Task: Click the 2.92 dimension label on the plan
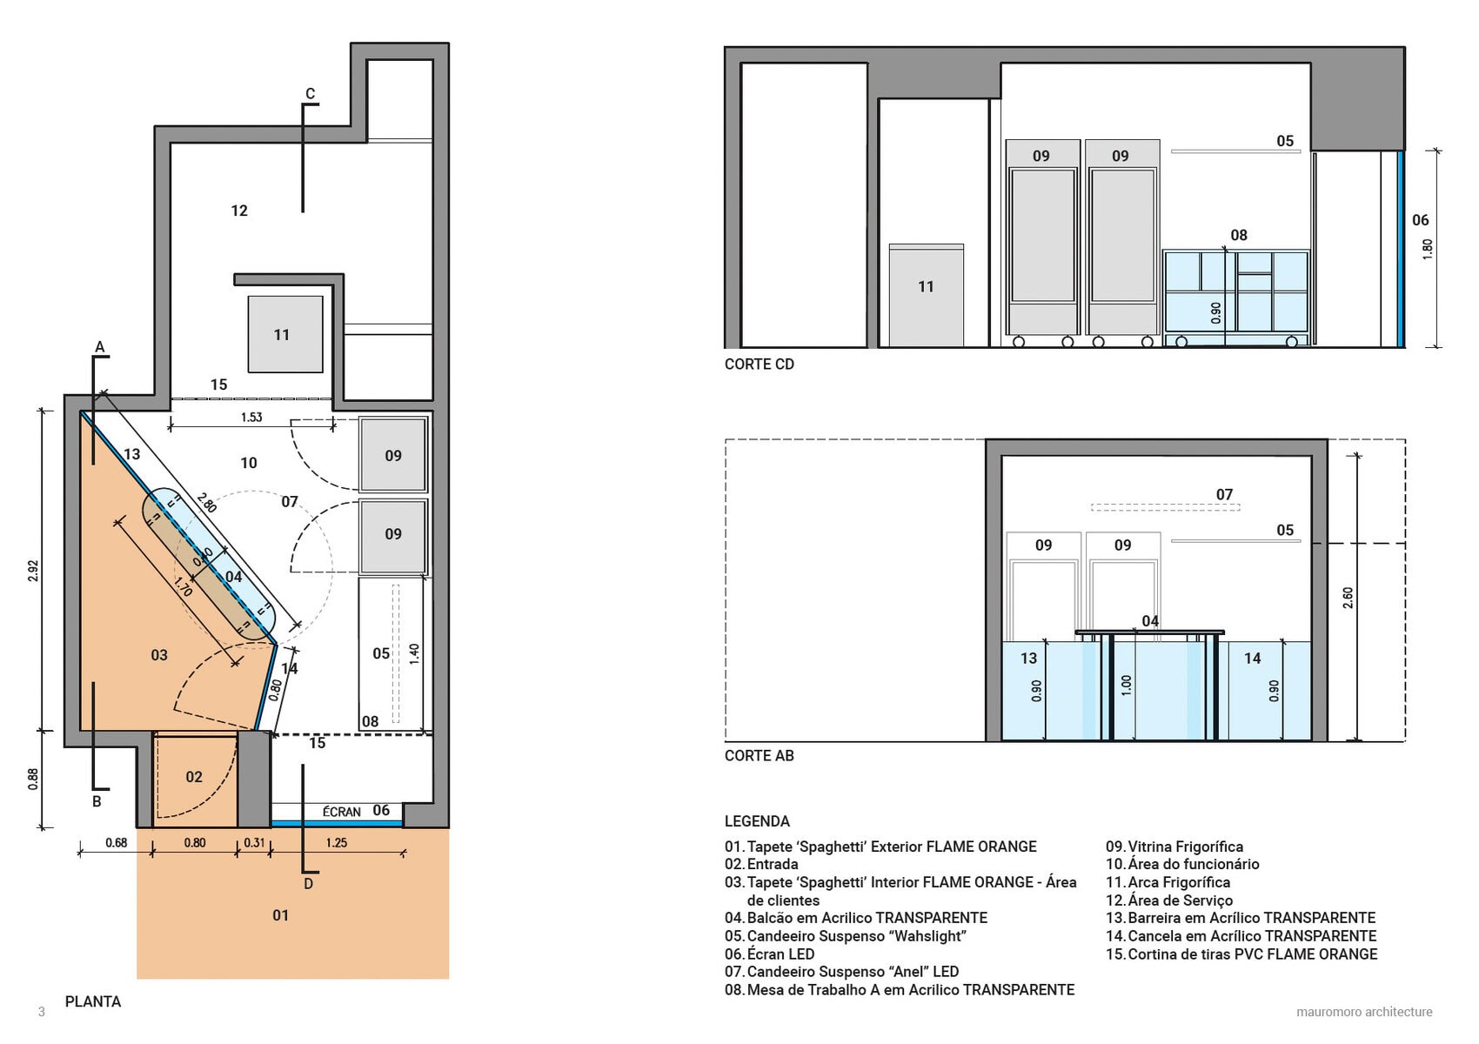[34, 572]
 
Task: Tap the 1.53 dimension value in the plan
[251, 418]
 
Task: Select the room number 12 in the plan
[239, 211]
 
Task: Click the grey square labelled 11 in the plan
[285, 334]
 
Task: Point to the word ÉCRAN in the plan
[341, 812]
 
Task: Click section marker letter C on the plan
[311, 94]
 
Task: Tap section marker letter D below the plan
[308, 884]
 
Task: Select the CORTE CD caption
[760, 364]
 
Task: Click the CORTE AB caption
[760, 755]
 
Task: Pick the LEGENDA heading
[757, 821]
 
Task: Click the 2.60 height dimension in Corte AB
[1348, 598]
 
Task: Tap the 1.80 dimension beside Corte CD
[1428, 249]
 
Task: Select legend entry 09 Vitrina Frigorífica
[1174, 847]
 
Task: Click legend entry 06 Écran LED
[769, 954]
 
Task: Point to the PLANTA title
[93, 1001]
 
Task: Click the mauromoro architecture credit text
[1364, 1012]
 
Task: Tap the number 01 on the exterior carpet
[281, 915]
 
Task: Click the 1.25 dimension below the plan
[337, 843]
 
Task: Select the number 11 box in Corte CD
[927, 295]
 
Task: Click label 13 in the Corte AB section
[1028, 658]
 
